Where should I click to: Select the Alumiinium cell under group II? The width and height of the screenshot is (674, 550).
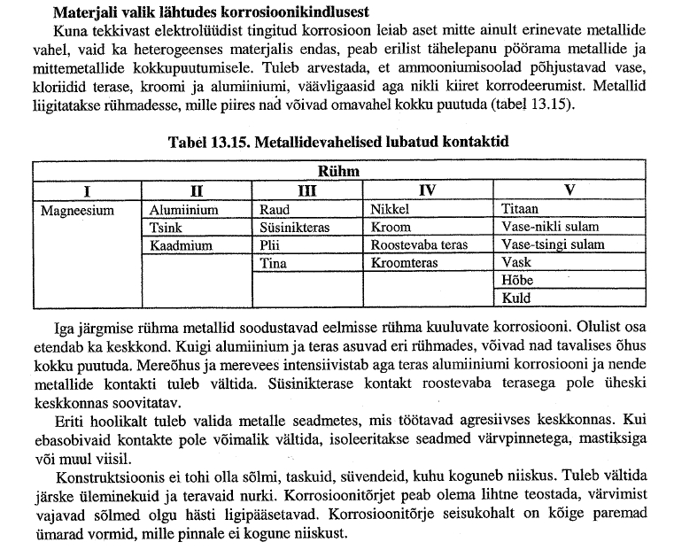[x=183, y=211]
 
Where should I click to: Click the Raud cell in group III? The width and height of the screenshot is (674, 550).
[x=274, y=211]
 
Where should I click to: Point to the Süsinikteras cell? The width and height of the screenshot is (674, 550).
[x=294, y=228]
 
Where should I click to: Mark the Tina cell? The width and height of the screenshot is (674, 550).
[x=273, y=263]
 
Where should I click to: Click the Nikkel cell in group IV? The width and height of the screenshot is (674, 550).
[x=391, y=211]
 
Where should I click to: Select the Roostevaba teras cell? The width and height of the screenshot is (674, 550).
[x=418, y=245]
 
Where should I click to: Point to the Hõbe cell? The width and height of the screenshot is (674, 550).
[x=519, y=281]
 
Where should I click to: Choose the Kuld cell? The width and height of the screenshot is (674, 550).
[x=516, y=298]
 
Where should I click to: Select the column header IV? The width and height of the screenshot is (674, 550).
[x=427, y=190]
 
